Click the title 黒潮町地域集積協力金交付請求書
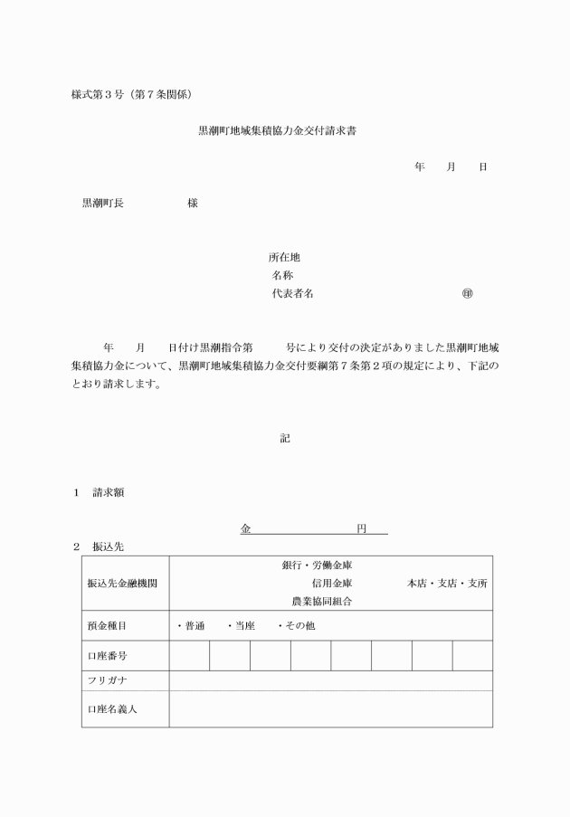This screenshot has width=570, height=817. pyautogui.click(x=282, y=131)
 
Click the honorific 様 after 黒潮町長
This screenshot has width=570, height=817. pyautogui.click(x=193, y=204)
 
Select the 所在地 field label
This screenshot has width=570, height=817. pyautogui.click(x=271, y=257)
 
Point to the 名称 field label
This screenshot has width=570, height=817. pyautogui.click(x=281, y=275)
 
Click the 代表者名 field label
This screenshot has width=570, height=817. pyautogui.click(x=292, y=293)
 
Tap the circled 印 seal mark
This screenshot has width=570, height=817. pyautogui.click(x=467, y=293)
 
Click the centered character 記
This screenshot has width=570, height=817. pyautogui.click(x=285, y=438)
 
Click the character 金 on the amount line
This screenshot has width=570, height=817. pyautogui.click(x=246, y=527)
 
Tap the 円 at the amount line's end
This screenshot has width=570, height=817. pyautogui.click(x=361, y=527)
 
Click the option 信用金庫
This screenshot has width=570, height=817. pyautogui.click(x=331, y=584)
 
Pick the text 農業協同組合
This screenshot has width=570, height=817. pyautogui.click(x=321, y=601)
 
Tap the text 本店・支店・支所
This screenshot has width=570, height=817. pyautogui.click(x=447, y=584)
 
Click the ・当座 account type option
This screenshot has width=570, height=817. pyautogui.click(x=241, y=626)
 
